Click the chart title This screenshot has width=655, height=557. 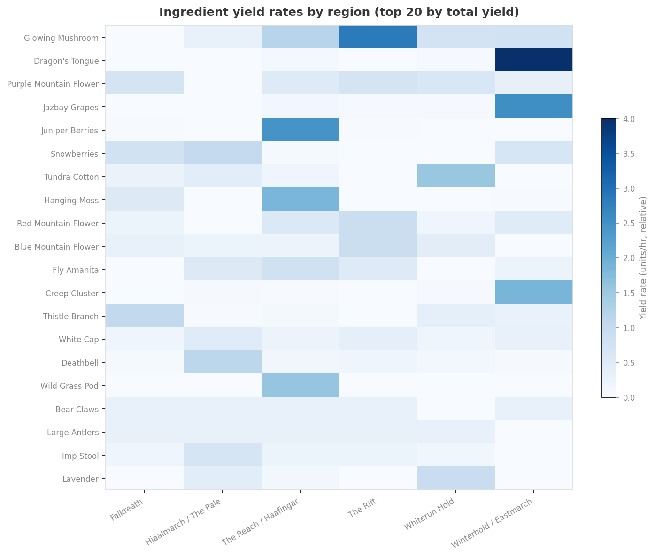pyautogui.click(x=339, y=12)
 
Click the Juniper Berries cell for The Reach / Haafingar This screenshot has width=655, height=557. pyautogui.click(x=300, y=130)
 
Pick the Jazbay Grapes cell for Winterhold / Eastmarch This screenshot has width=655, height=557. pyautogui.click(x=534, y=106)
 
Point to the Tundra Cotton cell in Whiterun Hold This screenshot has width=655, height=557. pyautogui.click(x=456, y=176)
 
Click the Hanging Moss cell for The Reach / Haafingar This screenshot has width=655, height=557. pyautogui.click(x=300, y=199)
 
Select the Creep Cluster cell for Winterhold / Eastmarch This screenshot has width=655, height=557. pyautogui.click(x=534, y=292)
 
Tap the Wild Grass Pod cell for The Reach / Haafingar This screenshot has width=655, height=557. pyautogui.click(x=300, y=385)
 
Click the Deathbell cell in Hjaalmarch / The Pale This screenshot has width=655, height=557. pyautogui.click(x=222, y=362)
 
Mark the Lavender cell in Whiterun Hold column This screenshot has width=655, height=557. pyautogui.click(x=456, y=478)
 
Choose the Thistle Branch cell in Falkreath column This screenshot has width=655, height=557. pyautogui.click(x=144, y=316)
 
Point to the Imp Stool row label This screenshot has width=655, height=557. pyautogui.click(x=83, y=456)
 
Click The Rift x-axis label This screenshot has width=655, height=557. pyautogui.click(x=363, y=509)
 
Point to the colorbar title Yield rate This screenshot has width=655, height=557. pyautogui.click(x=643, y=258)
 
